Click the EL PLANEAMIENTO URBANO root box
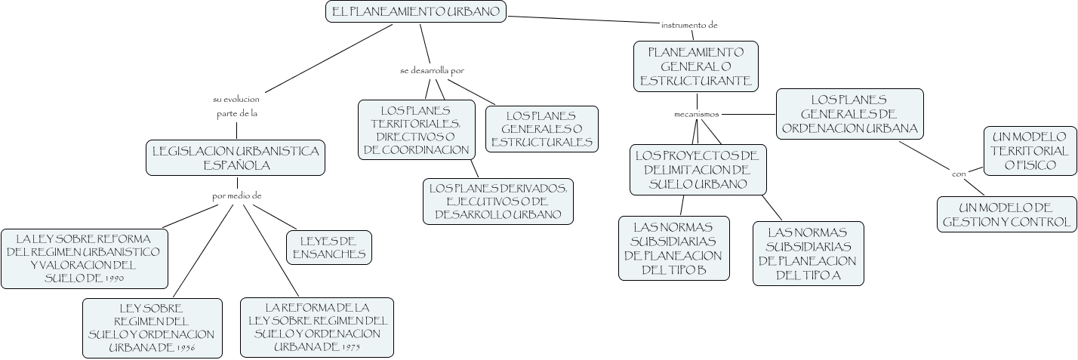[x=416, y=11]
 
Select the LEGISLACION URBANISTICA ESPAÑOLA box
[x=236, y=158]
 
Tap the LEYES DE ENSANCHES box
[x=328, y=248]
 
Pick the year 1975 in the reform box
[x=350, y=348]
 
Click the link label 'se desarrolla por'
[x=432, y=70]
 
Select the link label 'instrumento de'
[x=689, y=25]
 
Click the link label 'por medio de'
[x=237, y=195]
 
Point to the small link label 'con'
[x=959, y=174]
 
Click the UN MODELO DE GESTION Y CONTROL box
[x=1007, y=214]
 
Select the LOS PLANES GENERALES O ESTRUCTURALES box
[x=541, y=128]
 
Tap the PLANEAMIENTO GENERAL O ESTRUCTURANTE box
[x=695, y=66]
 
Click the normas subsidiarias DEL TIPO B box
[x=674, y=248]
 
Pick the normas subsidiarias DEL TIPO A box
[x=808, y=254]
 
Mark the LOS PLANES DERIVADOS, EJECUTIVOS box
[x=498, y=201]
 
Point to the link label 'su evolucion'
[x=236, y=99]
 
